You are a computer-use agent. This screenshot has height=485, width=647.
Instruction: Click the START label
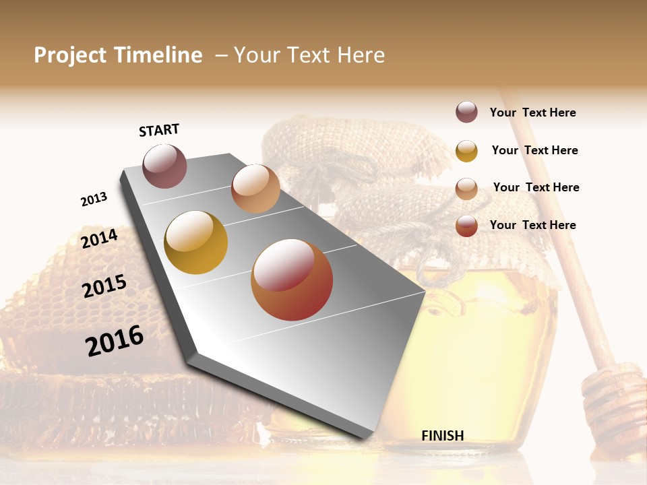coord(159,129)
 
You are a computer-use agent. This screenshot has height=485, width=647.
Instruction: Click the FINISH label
coord(442,436)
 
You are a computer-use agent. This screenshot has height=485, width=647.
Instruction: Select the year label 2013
coord(94,199)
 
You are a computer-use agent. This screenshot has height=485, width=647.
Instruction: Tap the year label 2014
coord(99,238)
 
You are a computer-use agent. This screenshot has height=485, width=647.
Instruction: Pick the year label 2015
coord(104,286)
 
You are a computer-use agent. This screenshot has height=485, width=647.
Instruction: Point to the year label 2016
coord(115,341)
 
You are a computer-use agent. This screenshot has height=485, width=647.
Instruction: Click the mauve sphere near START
coord(164,166)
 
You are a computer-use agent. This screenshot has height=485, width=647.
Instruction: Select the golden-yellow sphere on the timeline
coord(195,243)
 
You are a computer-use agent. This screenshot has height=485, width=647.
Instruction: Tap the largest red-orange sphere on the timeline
coord(292,280)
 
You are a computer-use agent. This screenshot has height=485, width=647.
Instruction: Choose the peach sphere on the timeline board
coord(255,189)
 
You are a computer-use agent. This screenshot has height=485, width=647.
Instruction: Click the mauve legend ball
coord(466,112)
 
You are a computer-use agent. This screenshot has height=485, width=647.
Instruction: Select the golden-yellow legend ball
coord(466,151)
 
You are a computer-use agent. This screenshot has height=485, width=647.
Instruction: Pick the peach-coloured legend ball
coord(466,188)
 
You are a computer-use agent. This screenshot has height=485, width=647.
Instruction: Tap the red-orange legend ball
coord(466,226)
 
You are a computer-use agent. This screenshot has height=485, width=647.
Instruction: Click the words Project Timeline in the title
coord(118,55)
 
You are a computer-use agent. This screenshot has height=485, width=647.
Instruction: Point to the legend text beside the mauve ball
coord(532,113)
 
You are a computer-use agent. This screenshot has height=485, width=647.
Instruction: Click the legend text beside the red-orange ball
coord(532,225)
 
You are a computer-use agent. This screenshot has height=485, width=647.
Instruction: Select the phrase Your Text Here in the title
coord(309,55)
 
